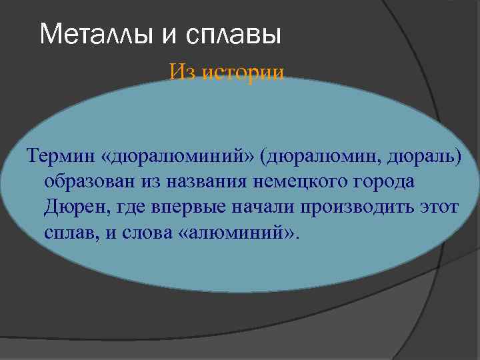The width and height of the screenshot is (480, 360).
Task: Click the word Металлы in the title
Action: tap(97, 34)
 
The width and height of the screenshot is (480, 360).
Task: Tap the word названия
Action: tap(201, 181)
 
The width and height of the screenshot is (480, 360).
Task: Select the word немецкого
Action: tap(301, 181)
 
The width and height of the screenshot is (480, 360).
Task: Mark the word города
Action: tap(387, 181)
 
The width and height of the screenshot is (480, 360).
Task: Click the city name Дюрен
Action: tap(70, 207)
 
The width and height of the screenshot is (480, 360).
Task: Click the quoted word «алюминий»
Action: tap(237, 233)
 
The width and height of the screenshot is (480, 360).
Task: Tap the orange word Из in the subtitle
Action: tap(182, 72)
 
